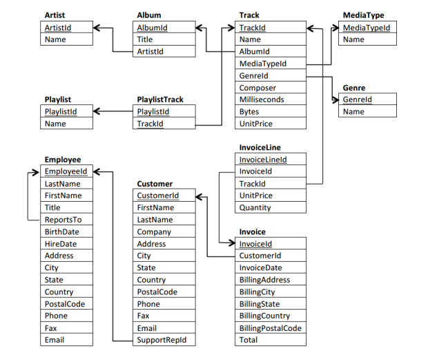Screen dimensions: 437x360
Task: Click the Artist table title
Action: coord(55,15)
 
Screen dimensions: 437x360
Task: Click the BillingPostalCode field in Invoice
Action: coord(271,328)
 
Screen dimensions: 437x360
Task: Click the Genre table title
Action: coord(354,88)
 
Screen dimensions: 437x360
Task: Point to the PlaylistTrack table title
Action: coord(160,100)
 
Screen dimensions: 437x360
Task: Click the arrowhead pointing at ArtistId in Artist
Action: coord(97,28)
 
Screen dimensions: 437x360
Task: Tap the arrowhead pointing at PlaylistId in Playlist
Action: coord(97,111)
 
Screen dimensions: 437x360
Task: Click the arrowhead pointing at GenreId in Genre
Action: coord(336,100)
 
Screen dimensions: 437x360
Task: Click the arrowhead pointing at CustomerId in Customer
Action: coord(199,197)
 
